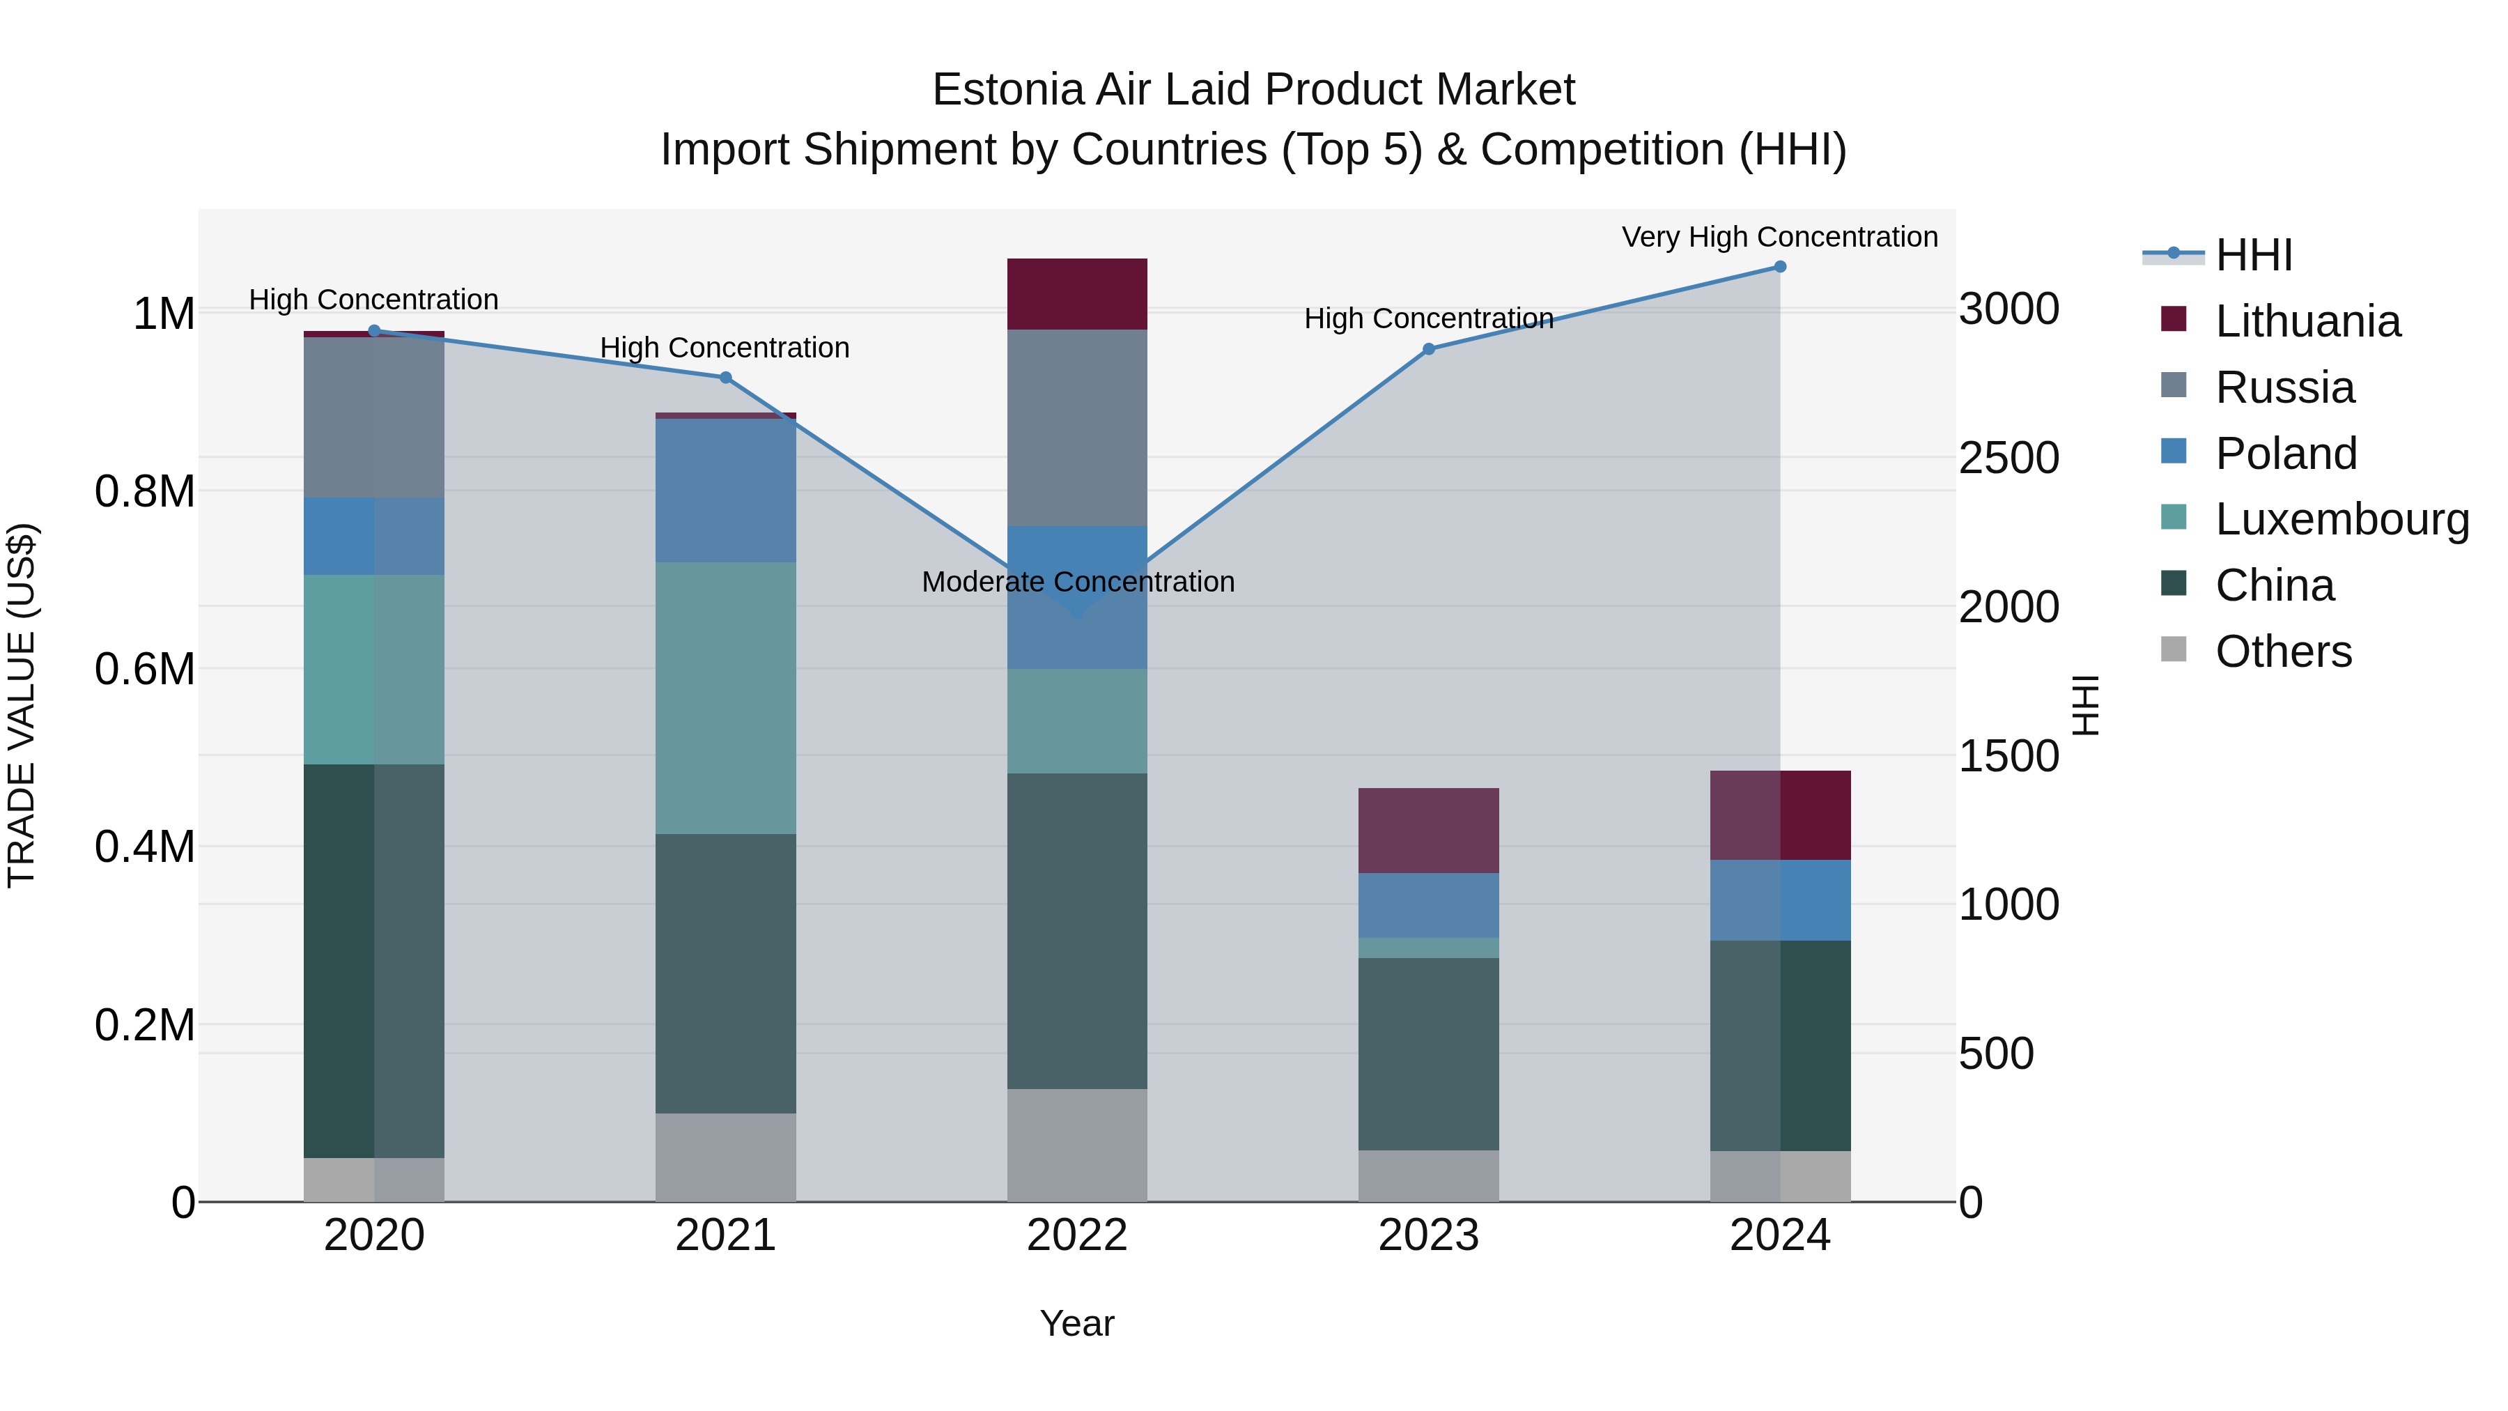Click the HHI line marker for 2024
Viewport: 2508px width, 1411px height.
point(1780,267)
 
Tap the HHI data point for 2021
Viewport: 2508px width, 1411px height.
point(725,378)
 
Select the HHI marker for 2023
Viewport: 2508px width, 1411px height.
point(1428,350)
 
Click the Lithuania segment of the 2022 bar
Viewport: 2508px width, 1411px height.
point(1077,294)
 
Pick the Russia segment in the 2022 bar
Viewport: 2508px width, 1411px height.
point(1077,429)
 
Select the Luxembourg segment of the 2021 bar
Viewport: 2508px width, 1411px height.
point(725,698)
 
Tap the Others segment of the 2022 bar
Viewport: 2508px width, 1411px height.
point(1077,1145)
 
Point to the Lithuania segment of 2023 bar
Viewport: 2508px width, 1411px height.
point(1428,831)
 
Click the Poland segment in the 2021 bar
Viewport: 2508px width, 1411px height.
point(725,491)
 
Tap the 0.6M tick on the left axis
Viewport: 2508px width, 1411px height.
point(144,670)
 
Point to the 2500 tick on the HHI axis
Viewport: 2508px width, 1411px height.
point(2008,458)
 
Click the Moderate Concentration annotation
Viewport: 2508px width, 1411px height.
point(1078,583)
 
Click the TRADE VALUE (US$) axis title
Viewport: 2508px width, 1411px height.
point(22,706)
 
